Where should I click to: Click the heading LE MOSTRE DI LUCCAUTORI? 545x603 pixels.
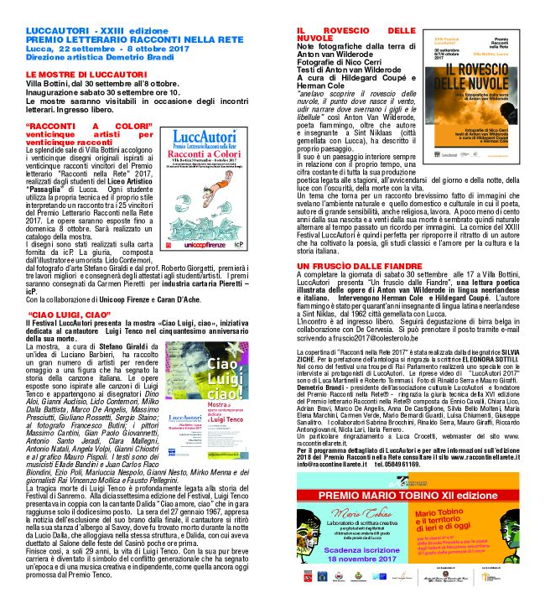(75, 75)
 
